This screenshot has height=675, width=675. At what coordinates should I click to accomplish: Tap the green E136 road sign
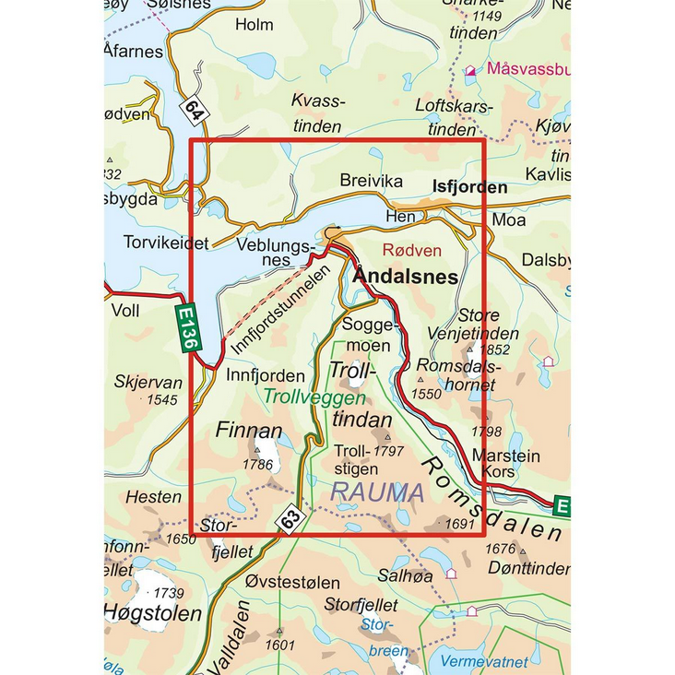[x=188, y=328]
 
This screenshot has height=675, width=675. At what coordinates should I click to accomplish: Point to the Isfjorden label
[x=469, y=187]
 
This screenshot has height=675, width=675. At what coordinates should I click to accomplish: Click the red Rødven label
[x=411, y=250]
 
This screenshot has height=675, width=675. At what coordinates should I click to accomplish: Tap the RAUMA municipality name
[x=377, y=492]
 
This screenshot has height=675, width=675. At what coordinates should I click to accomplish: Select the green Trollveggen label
[x=308, y=398]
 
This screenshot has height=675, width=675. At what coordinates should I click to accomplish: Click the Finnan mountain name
[x=248, y=431]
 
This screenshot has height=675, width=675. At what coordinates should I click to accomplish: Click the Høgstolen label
[x=152, y=614]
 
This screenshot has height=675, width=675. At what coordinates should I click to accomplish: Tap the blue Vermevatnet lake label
[x=484, y=662]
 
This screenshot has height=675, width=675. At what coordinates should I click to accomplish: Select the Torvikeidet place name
[x=166, y=243]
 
